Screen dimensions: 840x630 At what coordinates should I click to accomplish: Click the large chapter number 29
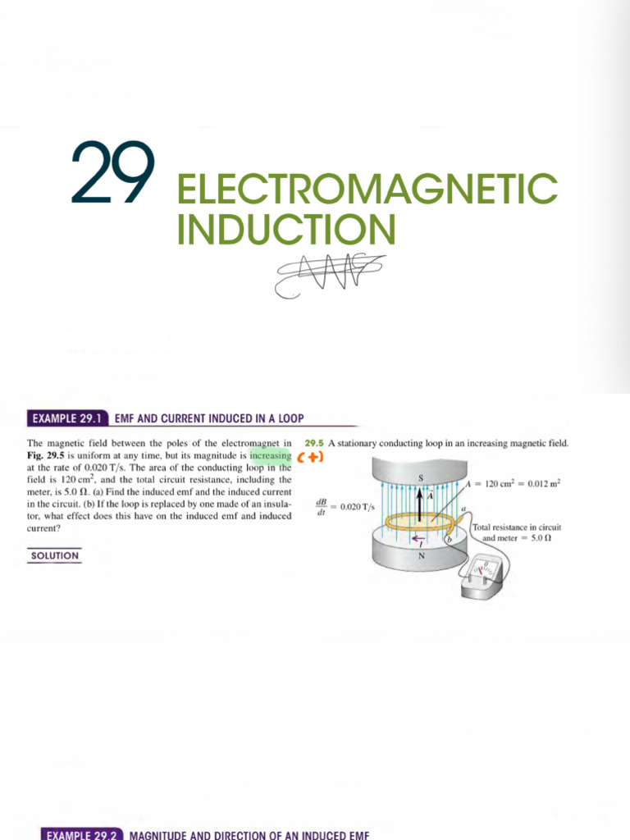(113, 174)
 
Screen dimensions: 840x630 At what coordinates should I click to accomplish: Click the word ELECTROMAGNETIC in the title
(367, 189)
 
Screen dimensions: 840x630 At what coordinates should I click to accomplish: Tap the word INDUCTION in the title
(286, 229)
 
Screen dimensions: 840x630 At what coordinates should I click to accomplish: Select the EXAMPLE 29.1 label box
(68, 418)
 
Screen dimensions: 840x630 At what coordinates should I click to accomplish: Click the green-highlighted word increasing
(271, 456)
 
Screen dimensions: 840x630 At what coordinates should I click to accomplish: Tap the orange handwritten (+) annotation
(311, 457)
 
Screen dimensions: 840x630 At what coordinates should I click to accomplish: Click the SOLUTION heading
(54, 556)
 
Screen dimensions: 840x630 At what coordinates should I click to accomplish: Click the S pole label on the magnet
(422, 477)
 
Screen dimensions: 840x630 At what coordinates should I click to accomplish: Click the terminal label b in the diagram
(450, 539)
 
